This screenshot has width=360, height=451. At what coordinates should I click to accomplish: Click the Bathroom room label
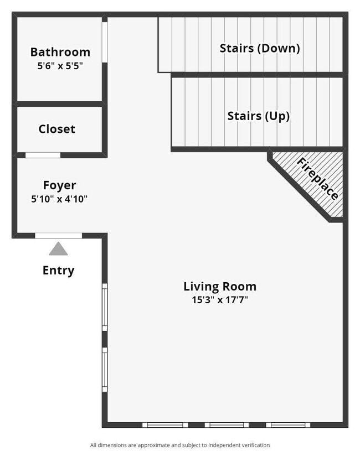(60, 52)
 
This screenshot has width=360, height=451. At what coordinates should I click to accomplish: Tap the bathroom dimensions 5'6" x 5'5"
(60, 65)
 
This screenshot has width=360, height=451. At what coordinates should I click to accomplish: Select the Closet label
(56, 129)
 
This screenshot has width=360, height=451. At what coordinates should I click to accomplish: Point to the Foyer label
(59, 185)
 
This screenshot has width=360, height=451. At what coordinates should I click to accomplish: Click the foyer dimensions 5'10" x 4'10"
(59, 198)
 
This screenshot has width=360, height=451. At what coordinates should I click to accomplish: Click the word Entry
(58, 271)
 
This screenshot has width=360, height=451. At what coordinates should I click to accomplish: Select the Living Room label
(220, 287)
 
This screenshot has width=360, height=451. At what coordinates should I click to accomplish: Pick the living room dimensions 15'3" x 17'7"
(220, 300)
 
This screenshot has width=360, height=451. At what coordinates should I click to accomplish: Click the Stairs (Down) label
(260, 48)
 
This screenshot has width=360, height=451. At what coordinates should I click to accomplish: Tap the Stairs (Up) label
(258, 116)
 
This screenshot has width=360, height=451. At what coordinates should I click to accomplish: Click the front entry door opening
(58, 236)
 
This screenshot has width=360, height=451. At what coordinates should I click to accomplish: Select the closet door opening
(43, 155)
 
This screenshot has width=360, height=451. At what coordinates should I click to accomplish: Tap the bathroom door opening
(105, 42)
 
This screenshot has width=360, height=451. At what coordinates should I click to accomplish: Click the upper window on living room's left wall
(105, 307)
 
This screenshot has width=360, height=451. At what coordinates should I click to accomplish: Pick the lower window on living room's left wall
(105, 369)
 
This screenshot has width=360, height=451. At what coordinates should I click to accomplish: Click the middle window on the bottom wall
(227, 425)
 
